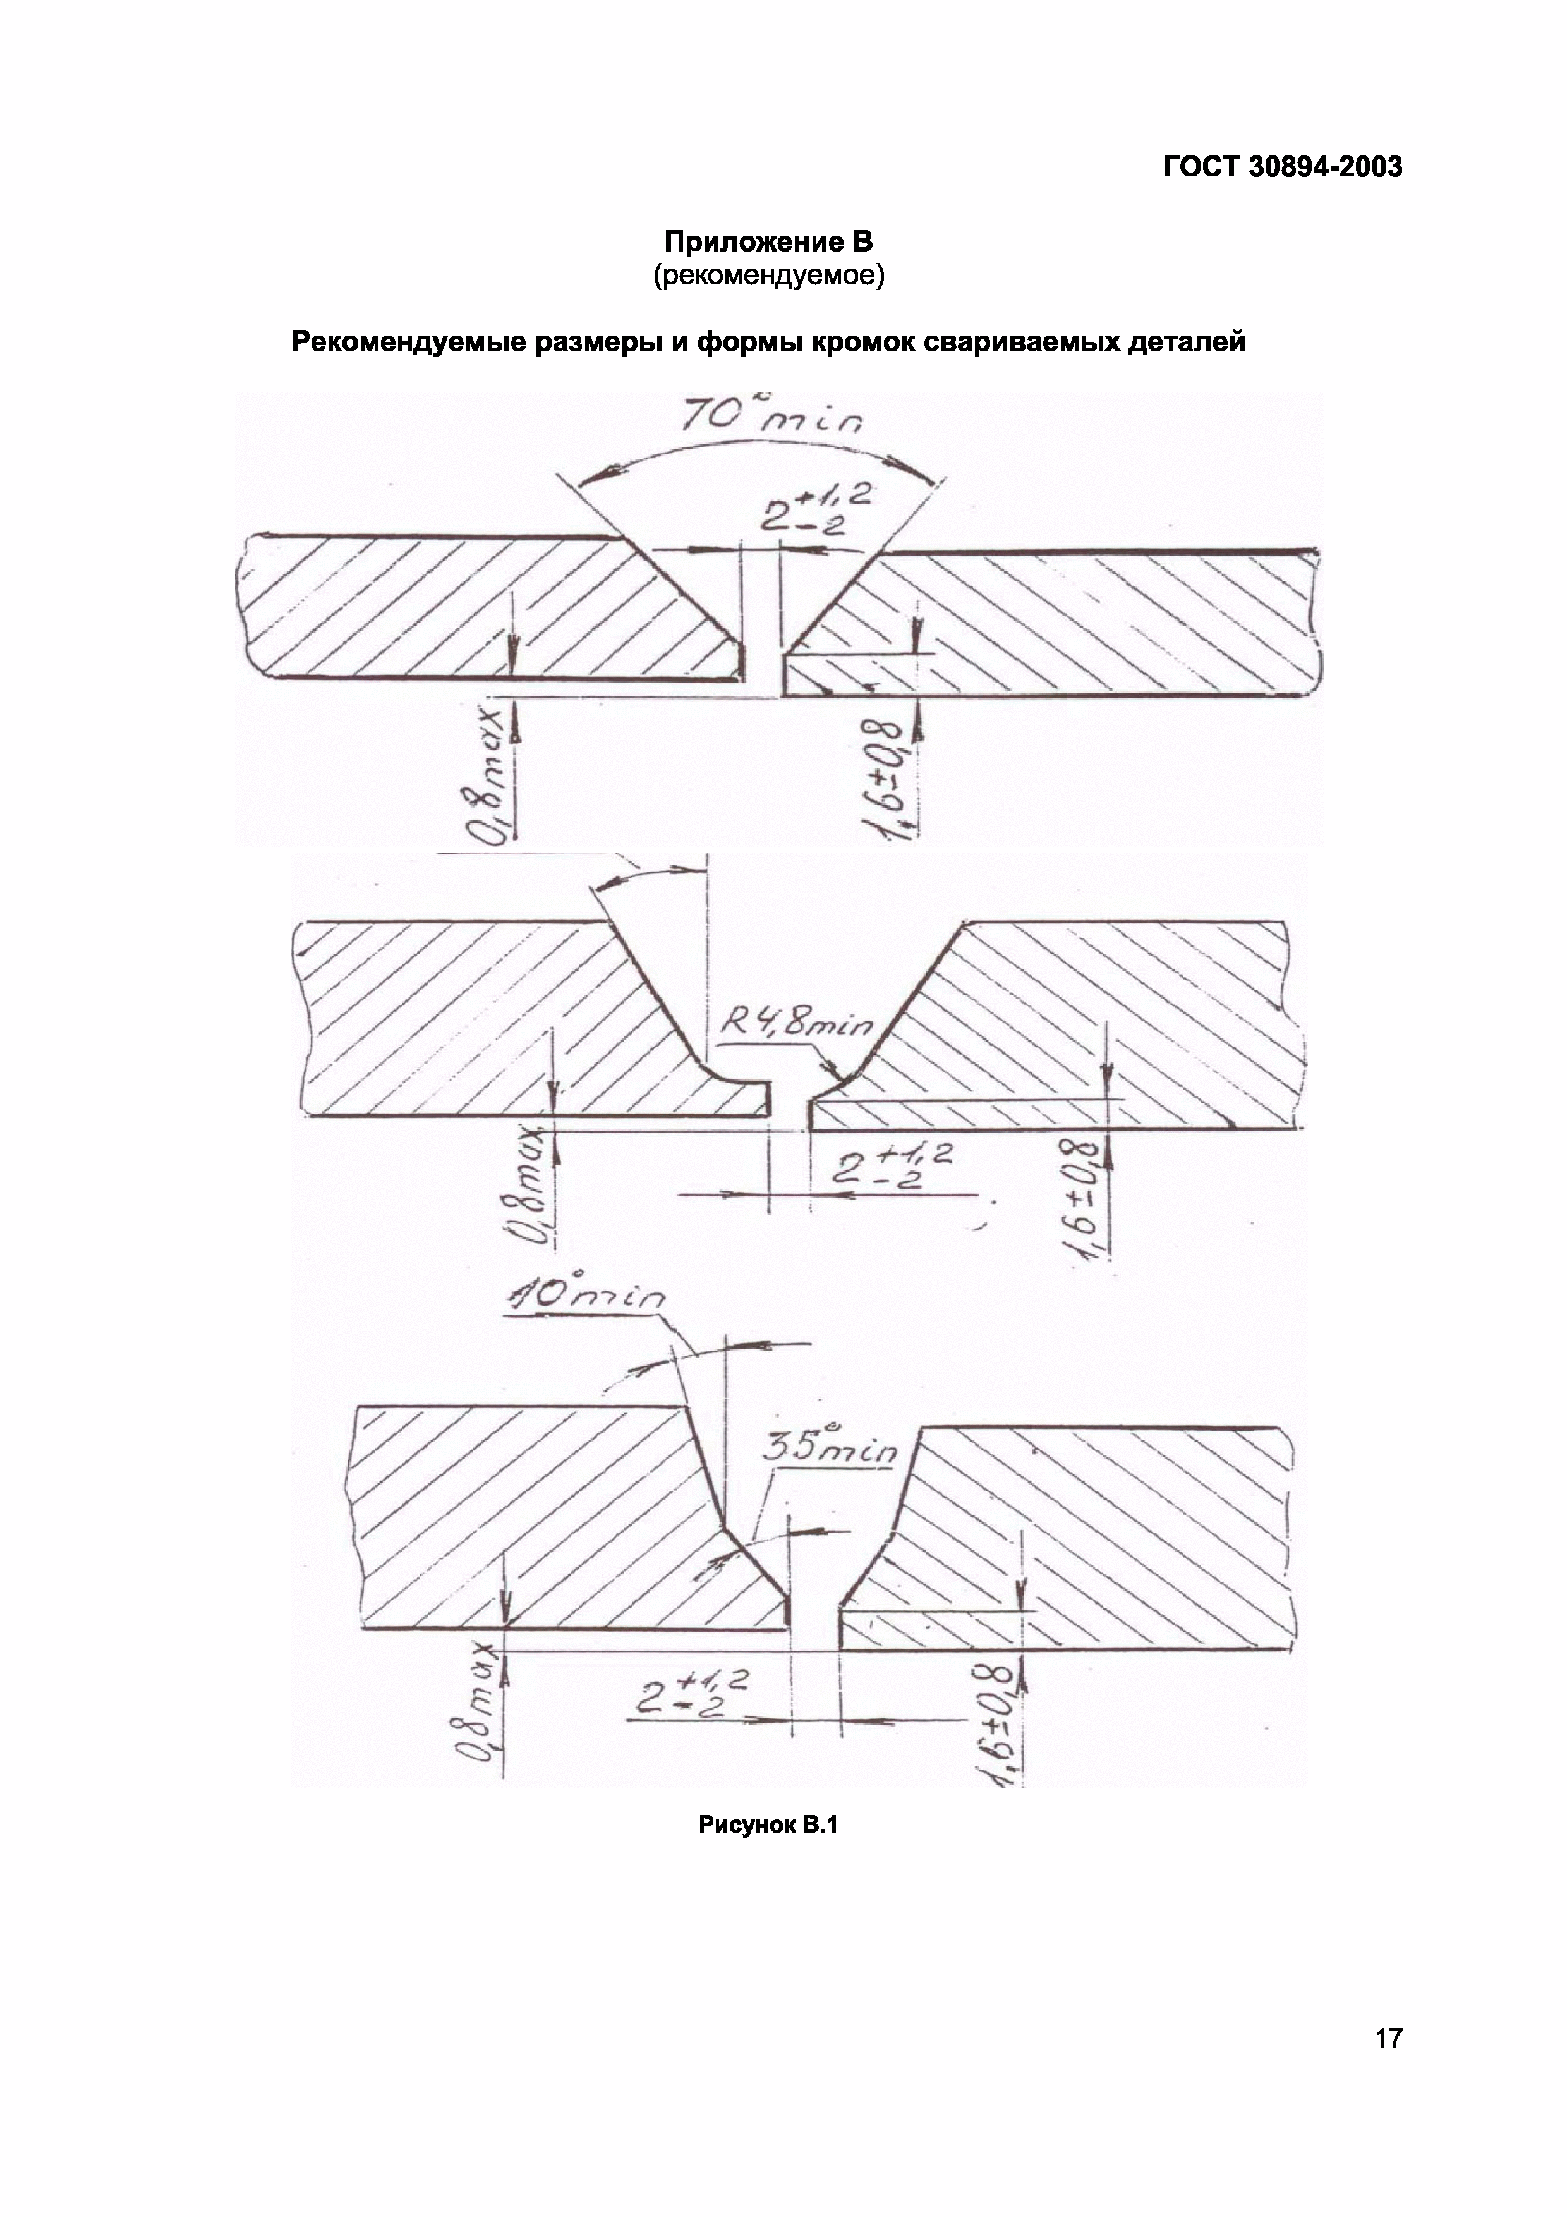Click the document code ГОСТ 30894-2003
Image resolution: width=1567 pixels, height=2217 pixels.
tap(1281, 167)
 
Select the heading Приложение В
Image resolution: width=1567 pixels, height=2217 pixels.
tap(768, 240)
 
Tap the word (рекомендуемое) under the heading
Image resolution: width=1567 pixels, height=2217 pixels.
tap(768, 276)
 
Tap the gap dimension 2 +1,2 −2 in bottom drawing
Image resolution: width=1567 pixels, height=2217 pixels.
tap(691, 1691)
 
